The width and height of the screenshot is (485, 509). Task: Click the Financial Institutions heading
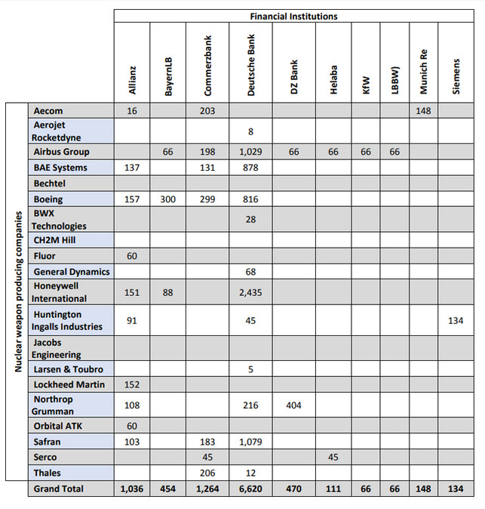294,16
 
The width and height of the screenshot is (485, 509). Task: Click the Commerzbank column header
207,64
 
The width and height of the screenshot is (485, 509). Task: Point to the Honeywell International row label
60,292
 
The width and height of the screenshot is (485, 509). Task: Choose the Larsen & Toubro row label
69,369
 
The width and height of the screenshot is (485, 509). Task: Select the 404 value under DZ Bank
293,406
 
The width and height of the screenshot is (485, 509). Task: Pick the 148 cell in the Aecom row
424,111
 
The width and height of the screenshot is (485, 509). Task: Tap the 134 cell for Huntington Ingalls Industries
456,320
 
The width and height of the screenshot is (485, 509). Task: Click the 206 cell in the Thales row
207,473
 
